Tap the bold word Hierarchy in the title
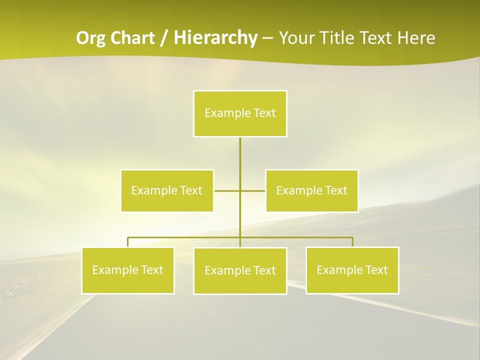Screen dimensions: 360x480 click(215, 38)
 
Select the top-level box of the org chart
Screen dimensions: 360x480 click(240, 113)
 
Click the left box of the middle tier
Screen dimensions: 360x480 click(167, 190)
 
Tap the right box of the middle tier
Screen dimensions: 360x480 click(312, 190)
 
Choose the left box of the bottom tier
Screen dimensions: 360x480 click(128, 270)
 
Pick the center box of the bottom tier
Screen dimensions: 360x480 click(240, 271)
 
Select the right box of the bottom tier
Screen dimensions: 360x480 click(352, 270)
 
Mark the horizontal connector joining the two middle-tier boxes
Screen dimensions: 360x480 click(227, 190)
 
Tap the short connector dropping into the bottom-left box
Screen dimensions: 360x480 click(128, 242)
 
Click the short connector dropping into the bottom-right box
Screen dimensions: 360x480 click(352, 242)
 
